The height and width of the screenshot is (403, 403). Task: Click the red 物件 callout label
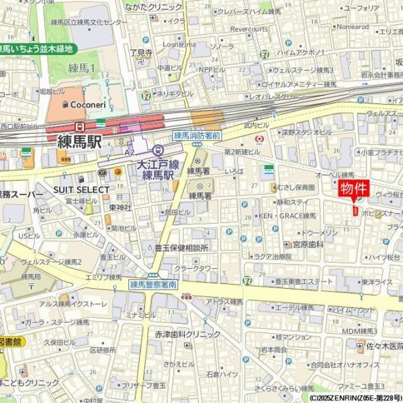tap(355, 187)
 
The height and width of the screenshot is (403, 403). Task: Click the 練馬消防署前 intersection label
tap(197, 134)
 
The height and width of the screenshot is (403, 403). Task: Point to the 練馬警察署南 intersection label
tap(153, 285)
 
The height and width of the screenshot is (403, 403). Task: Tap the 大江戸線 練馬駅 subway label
tap(158, 169)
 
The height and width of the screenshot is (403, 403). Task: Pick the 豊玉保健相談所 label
tap(181, 247)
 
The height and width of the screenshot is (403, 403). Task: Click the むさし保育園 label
tap(296, 188)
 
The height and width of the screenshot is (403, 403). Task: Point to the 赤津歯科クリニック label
tap(187, 334)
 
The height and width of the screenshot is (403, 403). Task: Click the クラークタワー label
tap(197, 269)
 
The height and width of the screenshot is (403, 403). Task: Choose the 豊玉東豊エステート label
tap(299, 281)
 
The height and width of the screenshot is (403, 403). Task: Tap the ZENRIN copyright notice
tap(355, 398)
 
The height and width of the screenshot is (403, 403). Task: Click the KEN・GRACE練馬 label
tap(287, 216)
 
